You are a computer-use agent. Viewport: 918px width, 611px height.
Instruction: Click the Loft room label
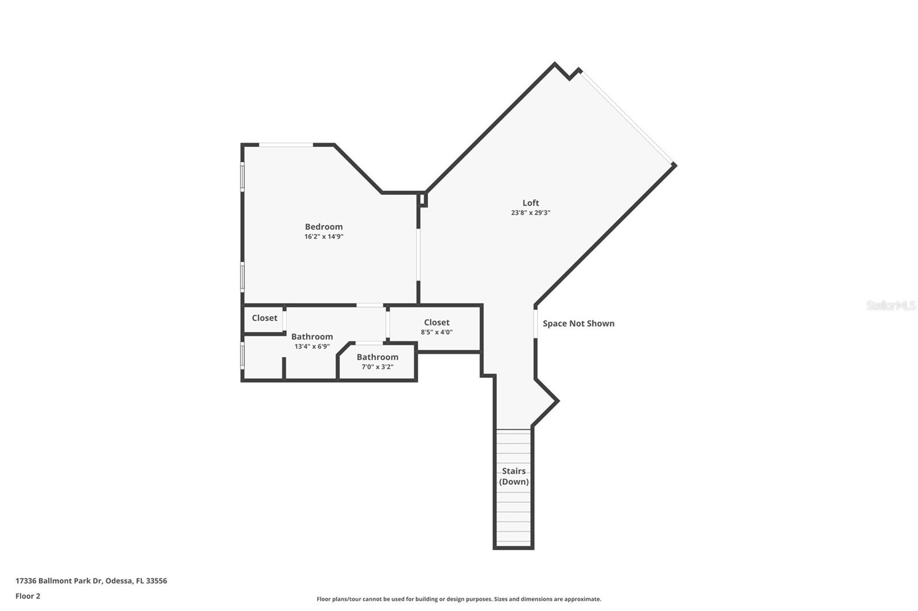(x=531, y=203)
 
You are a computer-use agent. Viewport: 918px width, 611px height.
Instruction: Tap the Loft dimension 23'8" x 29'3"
(x=531, y=213)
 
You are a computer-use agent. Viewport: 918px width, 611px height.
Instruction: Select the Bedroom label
(x=324, y=227)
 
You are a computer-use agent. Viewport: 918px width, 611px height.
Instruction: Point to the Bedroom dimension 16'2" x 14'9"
(x=324, y=237)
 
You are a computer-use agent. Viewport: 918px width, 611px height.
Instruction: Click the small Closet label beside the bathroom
(x=264, y=318)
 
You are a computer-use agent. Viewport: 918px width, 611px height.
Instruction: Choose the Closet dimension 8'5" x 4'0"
(x=437, y=332)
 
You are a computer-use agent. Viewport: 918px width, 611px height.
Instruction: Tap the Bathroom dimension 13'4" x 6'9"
(x=312, y=347)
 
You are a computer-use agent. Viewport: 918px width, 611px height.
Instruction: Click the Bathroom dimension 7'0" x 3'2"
(x=377, y=367)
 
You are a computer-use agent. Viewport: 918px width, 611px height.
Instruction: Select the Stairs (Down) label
(x=514, y=476)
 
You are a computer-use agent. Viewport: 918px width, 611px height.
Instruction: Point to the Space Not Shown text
(x=578, y=324)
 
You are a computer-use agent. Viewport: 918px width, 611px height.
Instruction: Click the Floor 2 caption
(x=28, y=596)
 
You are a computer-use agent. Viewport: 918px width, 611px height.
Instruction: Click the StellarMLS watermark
(x=890, y=305)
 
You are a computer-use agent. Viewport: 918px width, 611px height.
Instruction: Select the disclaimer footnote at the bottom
(x=459, y=599)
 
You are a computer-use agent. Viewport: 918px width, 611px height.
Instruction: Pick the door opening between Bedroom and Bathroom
(x=370, y=305)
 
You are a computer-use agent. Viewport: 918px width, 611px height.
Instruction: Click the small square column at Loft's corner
(x=423, y=199)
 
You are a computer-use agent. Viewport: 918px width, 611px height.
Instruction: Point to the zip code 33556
(x=156, y=581)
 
